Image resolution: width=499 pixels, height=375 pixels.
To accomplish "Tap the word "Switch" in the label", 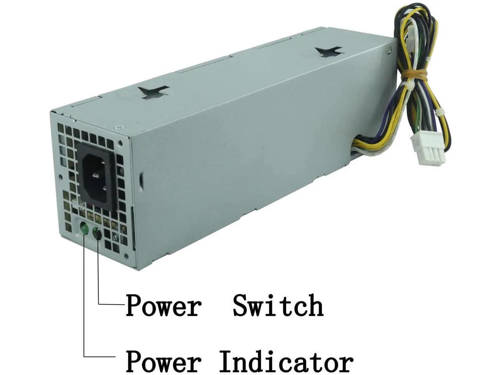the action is (x=278, y=306).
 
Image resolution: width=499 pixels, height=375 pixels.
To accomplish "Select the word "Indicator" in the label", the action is (x=286, y=361).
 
